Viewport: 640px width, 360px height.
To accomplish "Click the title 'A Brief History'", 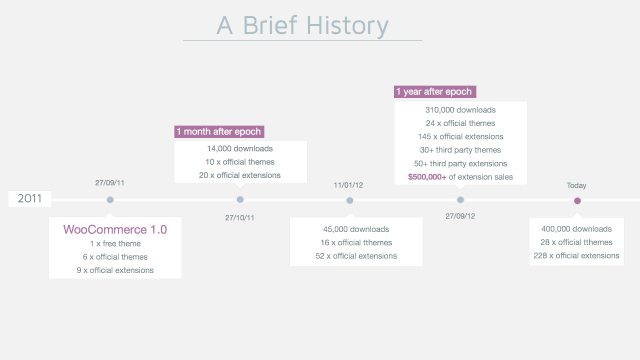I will point(303,24).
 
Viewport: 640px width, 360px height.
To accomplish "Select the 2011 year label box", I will point(29,199).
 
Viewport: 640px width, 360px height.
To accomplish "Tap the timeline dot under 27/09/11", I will point(110,200).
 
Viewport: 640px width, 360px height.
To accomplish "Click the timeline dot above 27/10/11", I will point(240,200).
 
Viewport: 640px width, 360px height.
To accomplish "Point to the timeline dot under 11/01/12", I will point(350,200).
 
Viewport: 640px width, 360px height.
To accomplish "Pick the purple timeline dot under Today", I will point(577,200).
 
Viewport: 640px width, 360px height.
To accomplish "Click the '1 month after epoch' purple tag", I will point(220,131).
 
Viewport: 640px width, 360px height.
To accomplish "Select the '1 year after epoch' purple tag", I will point(434,92).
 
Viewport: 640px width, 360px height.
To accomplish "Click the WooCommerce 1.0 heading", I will point(115,229).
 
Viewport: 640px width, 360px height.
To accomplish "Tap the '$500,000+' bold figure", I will point(427,176).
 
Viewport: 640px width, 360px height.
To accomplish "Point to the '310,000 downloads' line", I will point(460,109).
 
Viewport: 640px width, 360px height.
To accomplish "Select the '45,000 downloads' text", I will point(350,229).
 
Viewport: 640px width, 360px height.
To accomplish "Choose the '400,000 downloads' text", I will point(578,229).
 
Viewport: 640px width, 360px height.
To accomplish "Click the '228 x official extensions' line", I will point(578,256).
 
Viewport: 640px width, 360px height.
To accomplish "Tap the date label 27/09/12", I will point(460,216).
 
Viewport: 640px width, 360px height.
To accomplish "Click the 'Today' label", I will point(577,185).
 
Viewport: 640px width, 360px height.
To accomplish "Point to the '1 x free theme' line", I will point(115,243).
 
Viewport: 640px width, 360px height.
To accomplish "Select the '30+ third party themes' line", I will point(460,149).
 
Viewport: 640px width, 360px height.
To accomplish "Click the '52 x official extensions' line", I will point(350,256).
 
